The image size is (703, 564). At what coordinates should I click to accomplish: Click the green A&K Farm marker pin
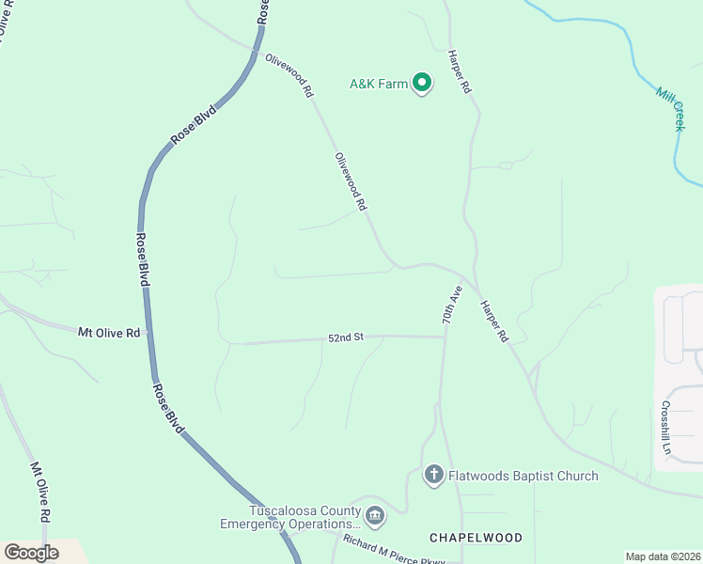point(423,84)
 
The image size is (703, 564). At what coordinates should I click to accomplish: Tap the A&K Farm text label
point(379,85)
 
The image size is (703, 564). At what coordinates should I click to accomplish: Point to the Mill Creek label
point(670,108)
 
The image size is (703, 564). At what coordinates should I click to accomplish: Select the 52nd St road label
point(345,337)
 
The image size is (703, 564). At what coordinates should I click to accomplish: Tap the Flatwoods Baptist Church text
point(524,476)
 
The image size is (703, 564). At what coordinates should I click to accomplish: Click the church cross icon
point(433,475)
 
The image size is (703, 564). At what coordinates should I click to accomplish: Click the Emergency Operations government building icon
point(375,516)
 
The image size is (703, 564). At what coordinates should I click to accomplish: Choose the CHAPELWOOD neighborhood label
point(476,538)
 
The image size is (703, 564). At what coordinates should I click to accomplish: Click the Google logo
point(31,553)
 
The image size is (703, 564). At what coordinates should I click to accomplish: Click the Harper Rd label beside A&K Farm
point(460,70)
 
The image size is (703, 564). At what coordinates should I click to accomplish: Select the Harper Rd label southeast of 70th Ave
point(493,321)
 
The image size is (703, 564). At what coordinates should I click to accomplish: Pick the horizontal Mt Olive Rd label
point(109,333)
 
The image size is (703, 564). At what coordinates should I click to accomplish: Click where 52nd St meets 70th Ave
point(444,337)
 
